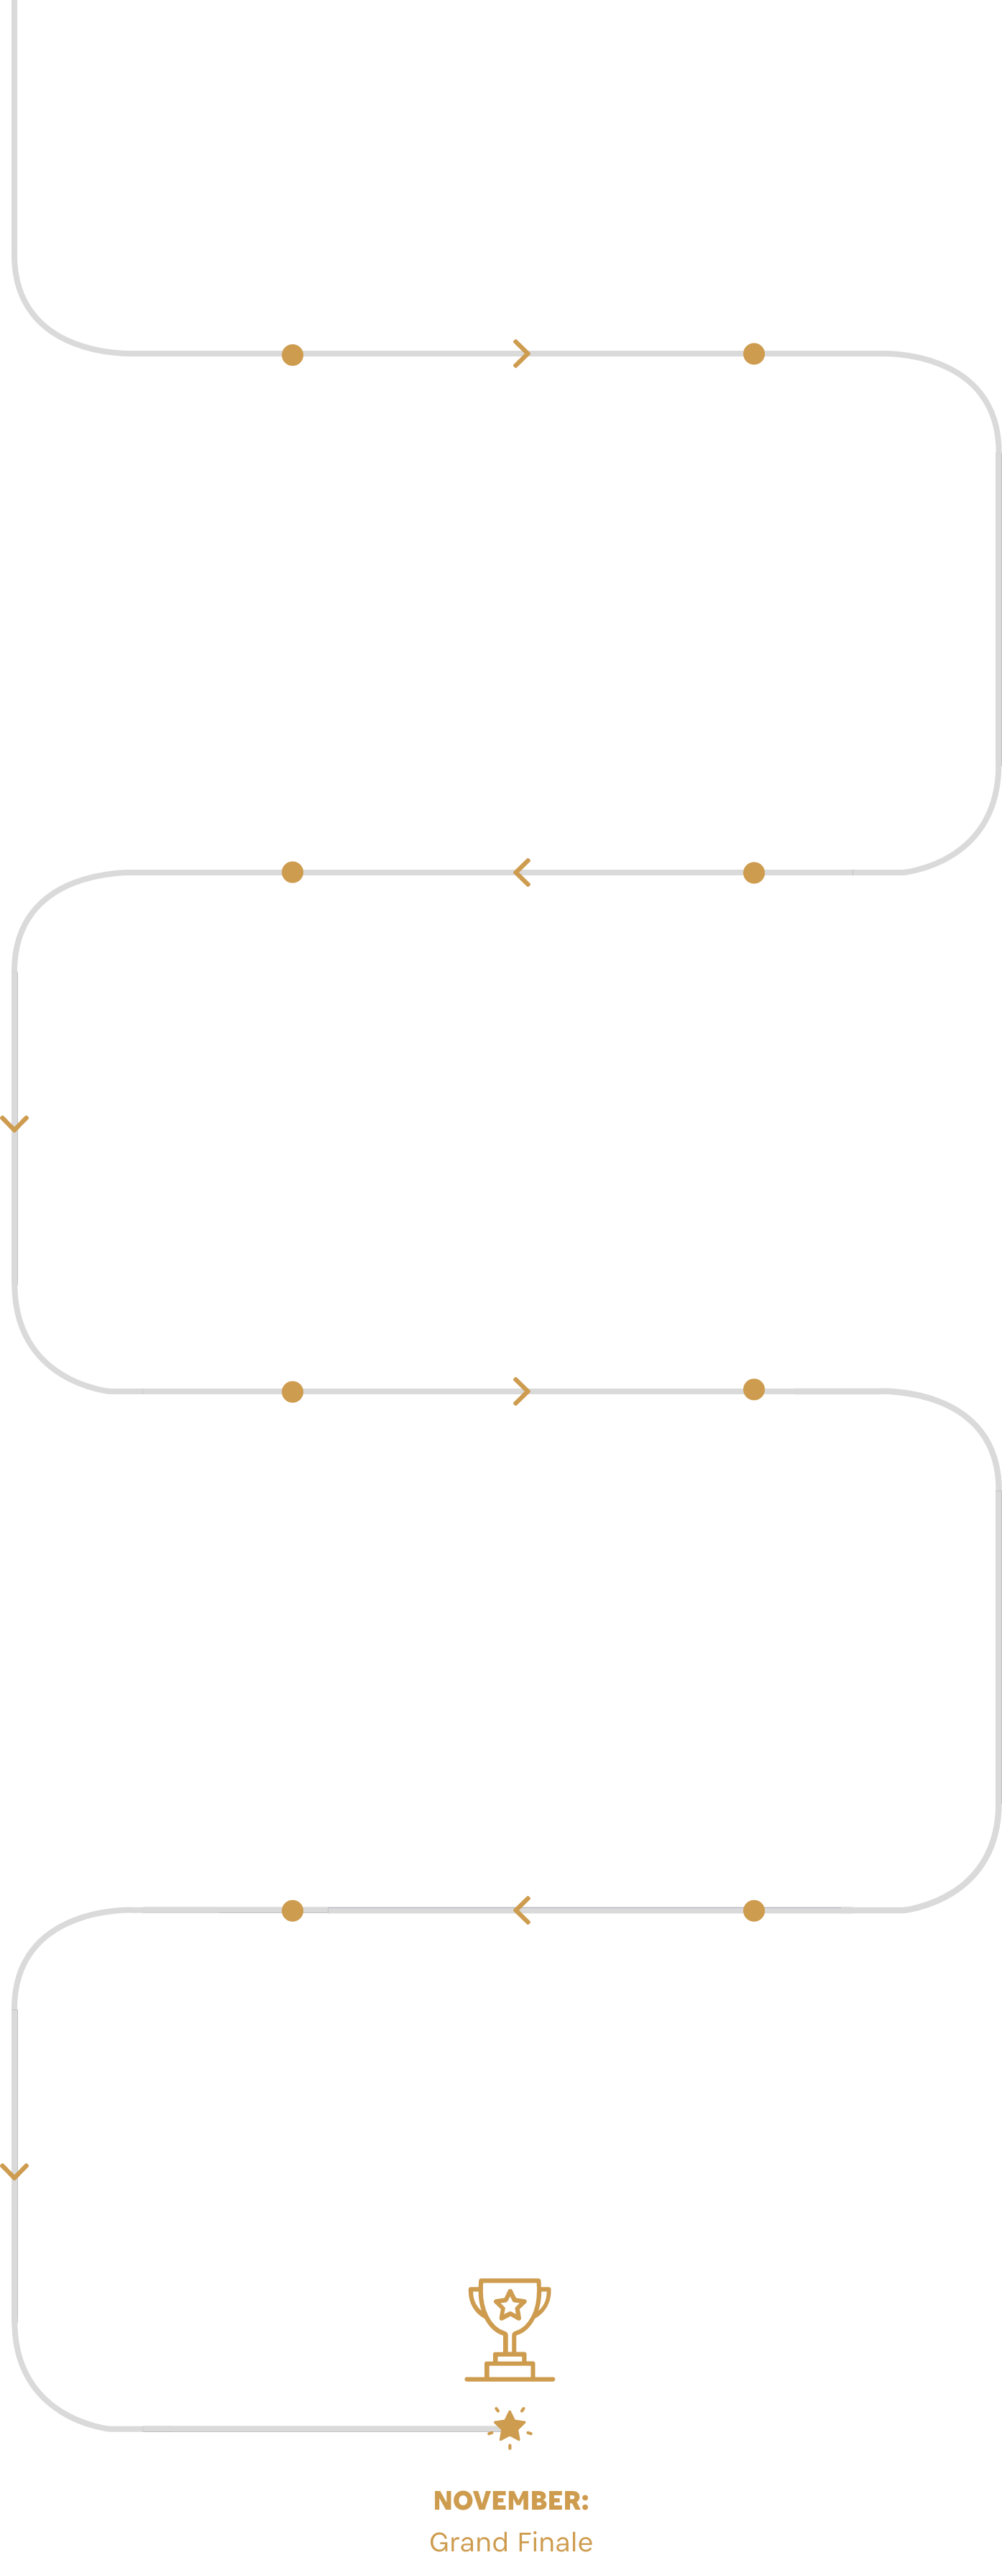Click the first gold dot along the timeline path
[293, 355]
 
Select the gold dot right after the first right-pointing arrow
[753, 354]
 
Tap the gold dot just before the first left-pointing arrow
[753, 872]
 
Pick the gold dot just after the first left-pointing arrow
[293, 872]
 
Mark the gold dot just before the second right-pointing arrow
[293, 1391]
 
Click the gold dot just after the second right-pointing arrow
[753, 1389]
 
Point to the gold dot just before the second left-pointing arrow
[753, 1910]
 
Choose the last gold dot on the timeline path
[293, 1910]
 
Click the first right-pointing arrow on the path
[522, 354]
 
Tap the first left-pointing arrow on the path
[522, 872]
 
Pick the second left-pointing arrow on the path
[522, 1910]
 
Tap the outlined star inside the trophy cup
[510, 2306]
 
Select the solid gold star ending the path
[510, 2426]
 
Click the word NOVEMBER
[507, 2500]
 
